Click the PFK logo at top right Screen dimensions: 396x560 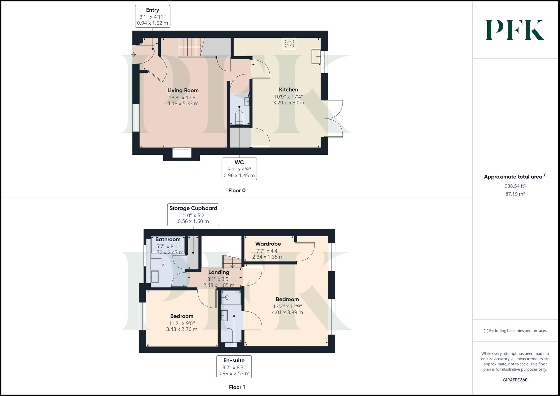515,30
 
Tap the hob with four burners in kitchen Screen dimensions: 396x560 289,43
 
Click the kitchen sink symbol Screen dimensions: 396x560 316,56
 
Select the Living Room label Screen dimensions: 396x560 183,90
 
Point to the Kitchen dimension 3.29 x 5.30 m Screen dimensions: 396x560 288,103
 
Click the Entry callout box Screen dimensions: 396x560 153,16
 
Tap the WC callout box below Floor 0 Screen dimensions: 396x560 239,169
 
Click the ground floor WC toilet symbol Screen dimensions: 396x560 239,117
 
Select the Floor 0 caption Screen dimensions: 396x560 237,191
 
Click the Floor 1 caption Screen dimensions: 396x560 237,387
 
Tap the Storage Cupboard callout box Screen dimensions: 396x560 193,215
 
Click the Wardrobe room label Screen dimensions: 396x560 268,244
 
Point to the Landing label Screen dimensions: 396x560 219,272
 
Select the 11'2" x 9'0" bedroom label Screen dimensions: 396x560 182,323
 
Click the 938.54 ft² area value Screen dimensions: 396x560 515,186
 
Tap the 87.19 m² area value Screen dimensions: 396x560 515,194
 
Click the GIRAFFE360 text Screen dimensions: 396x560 515,380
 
